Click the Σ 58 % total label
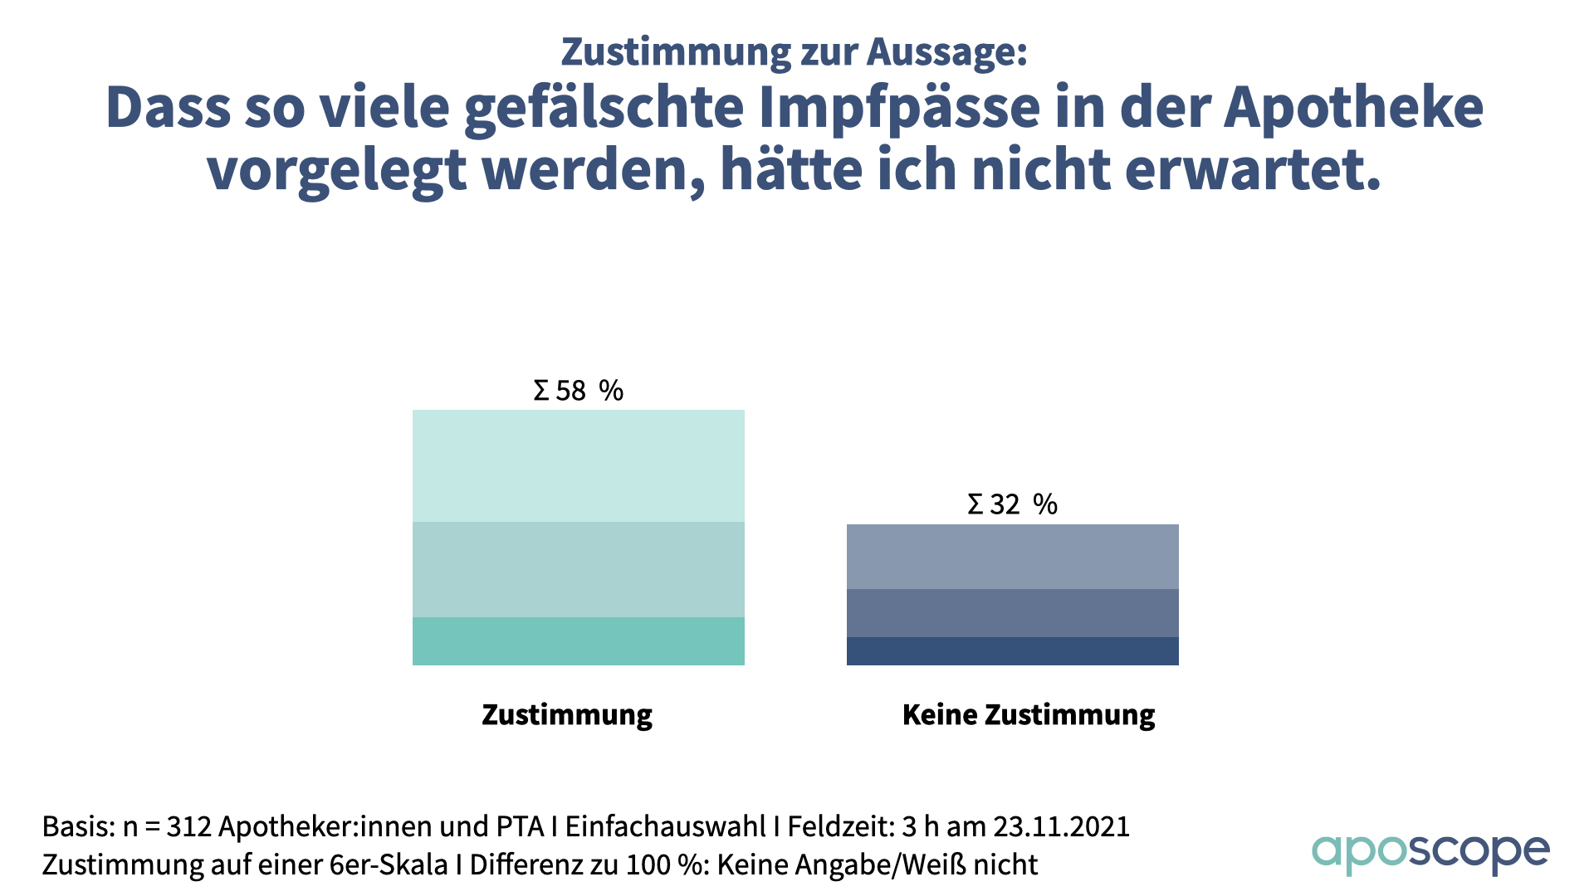[x=578, y=390]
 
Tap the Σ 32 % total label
[x=1012, y=504]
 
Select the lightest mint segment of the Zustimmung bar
[x=578, y=465]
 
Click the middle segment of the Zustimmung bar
[x=578, y=569]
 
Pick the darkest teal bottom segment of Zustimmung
[x=578, y=640]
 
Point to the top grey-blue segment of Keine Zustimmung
[x=1012, y=556]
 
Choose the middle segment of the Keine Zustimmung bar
[x=1012, y=612]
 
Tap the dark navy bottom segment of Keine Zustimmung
[x=1012, y=650]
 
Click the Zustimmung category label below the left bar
[x=567, y=714]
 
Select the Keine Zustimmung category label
[x=1029, y=714]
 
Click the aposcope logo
[x=1430, y=853]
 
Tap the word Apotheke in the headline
[x=1353, y=109]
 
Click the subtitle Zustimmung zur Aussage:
[x=795, y=51]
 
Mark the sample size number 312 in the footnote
[x=188, y=827]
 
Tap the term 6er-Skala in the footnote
[x=389, y=864]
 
